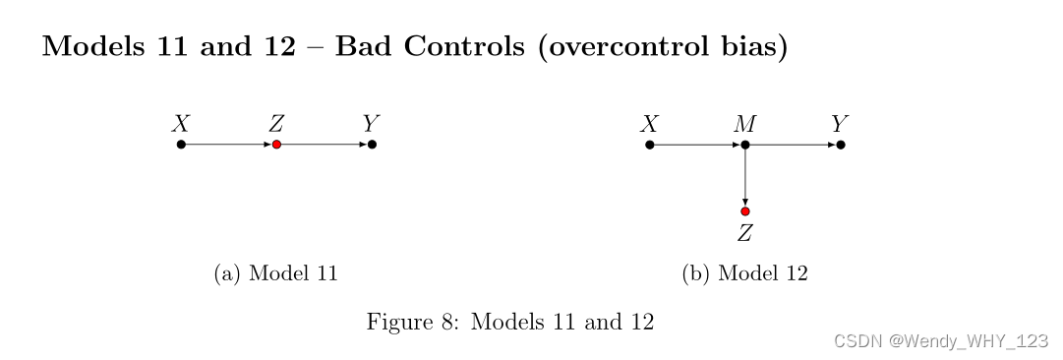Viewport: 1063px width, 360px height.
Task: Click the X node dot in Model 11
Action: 181,145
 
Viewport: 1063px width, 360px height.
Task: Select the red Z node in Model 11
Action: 276,145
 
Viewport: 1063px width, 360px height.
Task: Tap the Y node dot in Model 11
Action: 372,145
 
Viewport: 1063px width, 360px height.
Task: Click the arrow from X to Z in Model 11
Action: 228,145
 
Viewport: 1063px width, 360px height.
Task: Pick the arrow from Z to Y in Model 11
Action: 325,145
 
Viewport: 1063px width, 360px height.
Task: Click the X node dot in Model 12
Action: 650,145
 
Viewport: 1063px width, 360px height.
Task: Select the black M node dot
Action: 745,145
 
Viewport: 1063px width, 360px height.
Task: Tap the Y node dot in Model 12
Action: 841,145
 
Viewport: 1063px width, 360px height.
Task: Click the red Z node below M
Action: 745,211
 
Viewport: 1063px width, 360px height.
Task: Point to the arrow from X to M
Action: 697,145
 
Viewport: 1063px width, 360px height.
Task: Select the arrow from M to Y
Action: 793,145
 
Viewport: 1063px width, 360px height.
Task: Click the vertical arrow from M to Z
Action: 745,178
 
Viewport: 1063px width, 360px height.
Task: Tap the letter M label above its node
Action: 745,124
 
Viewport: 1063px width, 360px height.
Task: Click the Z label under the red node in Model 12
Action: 745,234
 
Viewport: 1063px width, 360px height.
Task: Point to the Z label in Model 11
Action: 276,124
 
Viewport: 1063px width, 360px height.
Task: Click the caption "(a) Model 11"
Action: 276,273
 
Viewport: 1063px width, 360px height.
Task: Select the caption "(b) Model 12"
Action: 745,273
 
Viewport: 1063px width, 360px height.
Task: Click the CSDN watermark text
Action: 940,340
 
